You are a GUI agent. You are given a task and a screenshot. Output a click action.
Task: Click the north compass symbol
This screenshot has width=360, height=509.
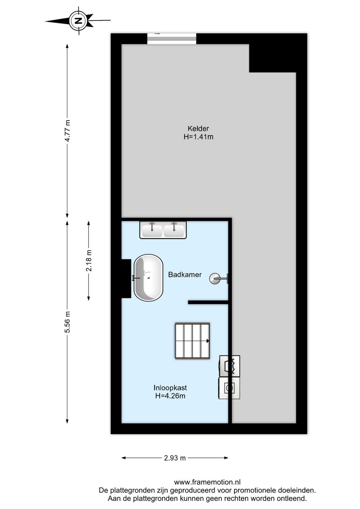[78, 21]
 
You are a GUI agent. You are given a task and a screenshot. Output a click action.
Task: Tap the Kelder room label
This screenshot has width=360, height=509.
[198, 129]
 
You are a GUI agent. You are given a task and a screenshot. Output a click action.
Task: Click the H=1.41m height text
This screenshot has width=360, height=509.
[198, 137]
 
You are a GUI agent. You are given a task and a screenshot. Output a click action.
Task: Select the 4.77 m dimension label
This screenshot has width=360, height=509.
[67, 131]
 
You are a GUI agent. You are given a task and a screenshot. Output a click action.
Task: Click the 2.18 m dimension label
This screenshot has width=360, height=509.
[89, 261]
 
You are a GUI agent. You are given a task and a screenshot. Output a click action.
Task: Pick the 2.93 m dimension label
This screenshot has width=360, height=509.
[175, 458]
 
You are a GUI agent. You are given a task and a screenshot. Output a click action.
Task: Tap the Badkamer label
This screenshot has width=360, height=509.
[185, 275]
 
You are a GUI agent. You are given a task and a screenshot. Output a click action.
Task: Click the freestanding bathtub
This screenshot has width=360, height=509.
[148, 278]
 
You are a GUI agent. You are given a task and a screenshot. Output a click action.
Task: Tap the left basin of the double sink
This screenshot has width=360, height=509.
[152, 230]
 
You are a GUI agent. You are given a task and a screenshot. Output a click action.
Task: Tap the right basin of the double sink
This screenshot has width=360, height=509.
[174, 230]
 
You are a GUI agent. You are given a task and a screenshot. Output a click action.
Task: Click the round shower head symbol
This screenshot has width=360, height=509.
[215, 278]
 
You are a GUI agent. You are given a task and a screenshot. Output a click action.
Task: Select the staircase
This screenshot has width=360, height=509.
[192, 341]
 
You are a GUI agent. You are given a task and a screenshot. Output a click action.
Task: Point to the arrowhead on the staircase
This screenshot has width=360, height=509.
[208, 341]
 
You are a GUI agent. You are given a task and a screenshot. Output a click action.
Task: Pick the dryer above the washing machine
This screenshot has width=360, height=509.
[229, 366]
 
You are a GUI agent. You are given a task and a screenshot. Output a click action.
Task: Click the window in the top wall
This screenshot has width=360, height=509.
[172, 38]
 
